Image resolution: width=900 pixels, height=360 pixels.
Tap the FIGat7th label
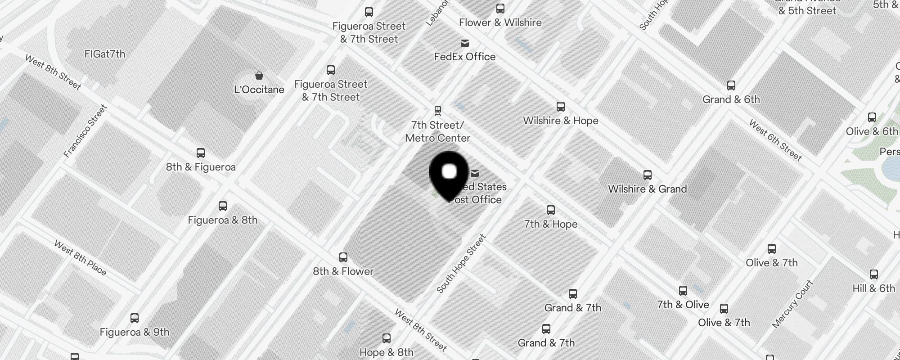105,54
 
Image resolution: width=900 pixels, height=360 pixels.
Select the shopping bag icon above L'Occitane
259,76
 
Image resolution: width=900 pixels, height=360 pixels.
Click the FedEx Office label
465,57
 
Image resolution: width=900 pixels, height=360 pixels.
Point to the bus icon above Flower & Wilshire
500,9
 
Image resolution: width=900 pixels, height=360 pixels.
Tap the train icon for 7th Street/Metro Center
437,111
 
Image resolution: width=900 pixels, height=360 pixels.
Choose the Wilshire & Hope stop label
561,121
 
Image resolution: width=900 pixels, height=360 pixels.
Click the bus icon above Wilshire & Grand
648,175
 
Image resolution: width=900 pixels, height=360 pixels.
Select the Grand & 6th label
731,99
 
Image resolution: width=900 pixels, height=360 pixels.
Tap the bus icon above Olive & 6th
872,118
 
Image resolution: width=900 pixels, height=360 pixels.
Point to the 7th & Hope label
551,224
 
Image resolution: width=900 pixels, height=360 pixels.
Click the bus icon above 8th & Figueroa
201,153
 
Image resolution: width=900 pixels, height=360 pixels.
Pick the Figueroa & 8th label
223,220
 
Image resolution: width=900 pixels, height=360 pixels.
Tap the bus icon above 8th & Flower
343,257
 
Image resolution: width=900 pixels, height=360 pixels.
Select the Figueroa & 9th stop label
135,332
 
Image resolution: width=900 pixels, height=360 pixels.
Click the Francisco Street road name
85,131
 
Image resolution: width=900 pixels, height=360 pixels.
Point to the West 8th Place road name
81,258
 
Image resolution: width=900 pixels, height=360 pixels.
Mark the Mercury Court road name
793,304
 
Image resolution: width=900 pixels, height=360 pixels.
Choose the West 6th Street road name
775,140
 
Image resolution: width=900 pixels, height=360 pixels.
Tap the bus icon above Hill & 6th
874,274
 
